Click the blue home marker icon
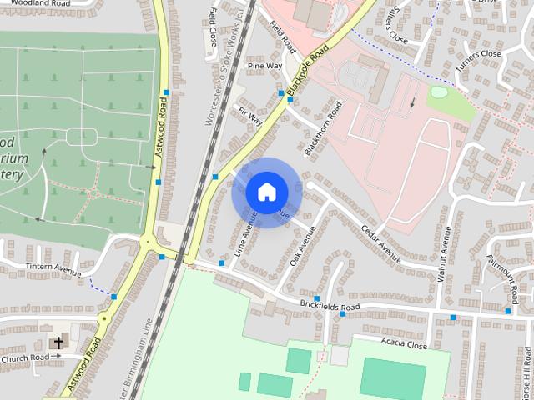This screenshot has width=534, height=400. [x=265, y=192]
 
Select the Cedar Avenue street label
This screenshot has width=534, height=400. [x=380, y=242]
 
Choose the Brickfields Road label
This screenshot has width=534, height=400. [x=331, y=307]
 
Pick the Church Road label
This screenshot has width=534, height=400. [x=25, y=359]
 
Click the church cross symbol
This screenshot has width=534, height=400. [x=58, y=342]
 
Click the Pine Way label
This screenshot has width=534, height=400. [x=264, y=66]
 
